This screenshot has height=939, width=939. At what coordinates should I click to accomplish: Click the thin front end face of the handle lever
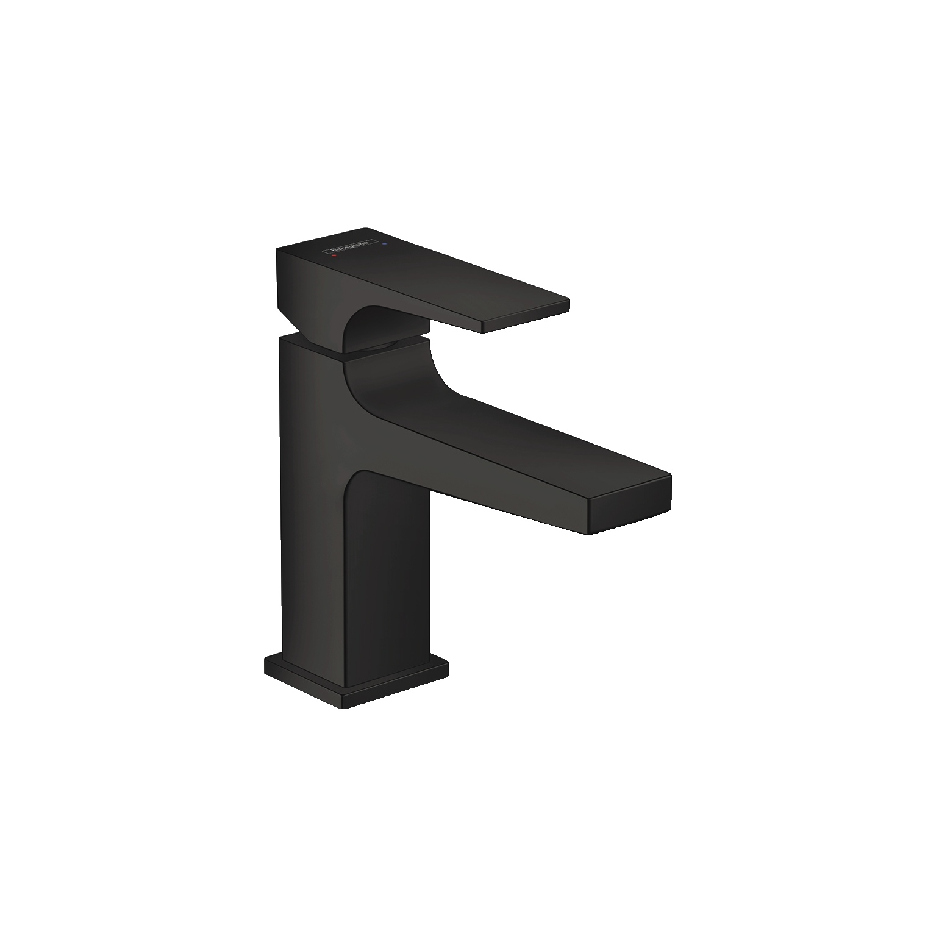(x=526, y=316)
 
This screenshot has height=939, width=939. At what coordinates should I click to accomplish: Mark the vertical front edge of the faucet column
(x=345, y=549)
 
